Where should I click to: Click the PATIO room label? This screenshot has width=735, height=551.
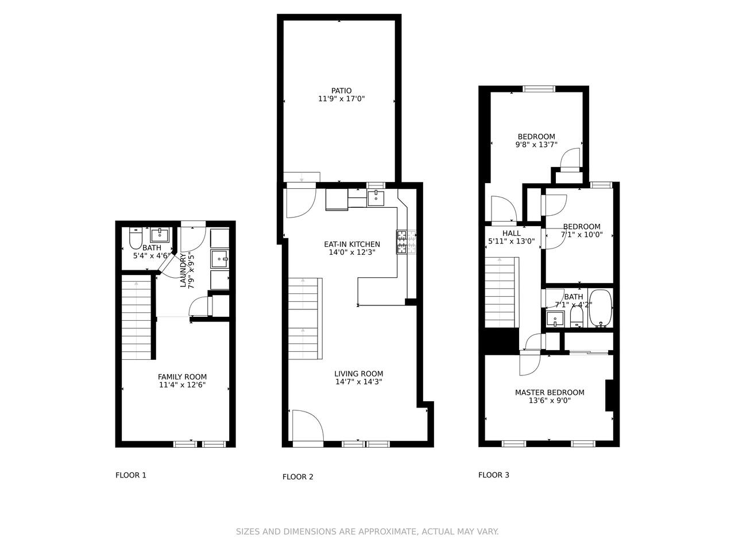point(341,91)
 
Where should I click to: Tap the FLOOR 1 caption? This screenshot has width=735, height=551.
point(130,475)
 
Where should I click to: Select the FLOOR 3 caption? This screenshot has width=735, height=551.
point(494,475)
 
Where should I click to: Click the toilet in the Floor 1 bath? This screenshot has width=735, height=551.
point(136,238)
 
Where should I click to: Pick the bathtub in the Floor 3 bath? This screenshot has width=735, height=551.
point(601,308)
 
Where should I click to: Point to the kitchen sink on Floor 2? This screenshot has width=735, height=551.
point(376,198)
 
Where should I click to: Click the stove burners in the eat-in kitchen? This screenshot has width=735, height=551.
point(406,242)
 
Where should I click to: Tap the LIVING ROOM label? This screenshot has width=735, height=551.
point(359,374)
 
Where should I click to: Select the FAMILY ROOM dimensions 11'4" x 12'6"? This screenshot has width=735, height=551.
point(182,385)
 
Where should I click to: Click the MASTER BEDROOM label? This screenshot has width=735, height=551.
point(550,393)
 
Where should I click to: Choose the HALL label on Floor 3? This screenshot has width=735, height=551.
point(511,233)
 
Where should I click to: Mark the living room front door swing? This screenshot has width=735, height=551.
point(308,425)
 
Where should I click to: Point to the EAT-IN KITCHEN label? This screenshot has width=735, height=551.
point(352,245)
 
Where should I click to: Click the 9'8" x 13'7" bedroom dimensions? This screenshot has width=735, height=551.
point(536,145)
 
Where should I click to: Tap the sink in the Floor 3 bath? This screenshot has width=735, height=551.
point(555,319)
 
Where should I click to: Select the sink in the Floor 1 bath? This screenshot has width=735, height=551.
point(160,235)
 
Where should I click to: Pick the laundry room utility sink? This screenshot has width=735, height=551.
point(220,259)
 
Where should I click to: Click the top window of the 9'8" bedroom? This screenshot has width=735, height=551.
point(539,89)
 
